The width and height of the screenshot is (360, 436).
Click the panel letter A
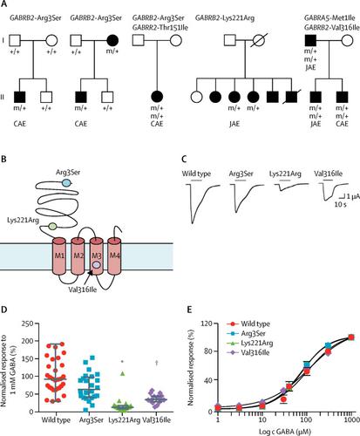tap(5, 5)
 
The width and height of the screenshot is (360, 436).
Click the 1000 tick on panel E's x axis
tap(349, 419)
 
